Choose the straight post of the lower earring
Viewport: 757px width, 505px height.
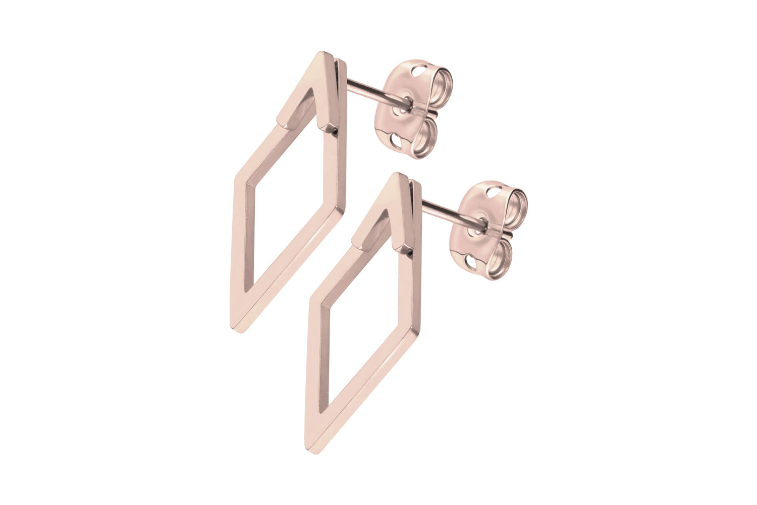click(x=444, y=209)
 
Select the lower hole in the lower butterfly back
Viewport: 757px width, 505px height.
click(x=469, y=263)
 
